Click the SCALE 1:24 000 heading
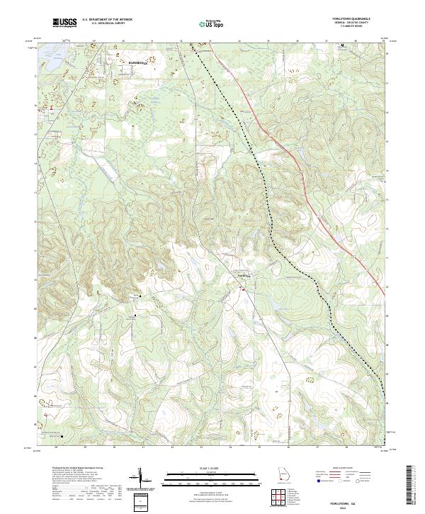(x=201, y=468)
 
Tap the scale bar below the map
(x=201, y=479)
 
